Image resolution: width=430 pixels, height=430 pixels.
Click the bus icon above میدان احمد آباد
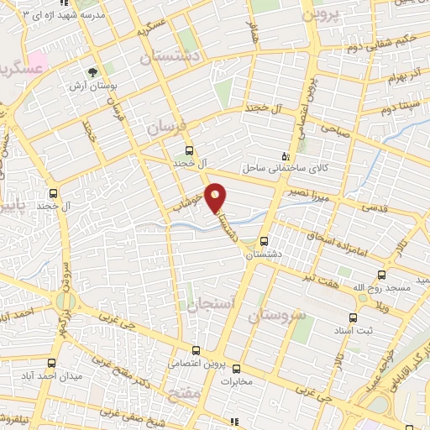tap(51, 363)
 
